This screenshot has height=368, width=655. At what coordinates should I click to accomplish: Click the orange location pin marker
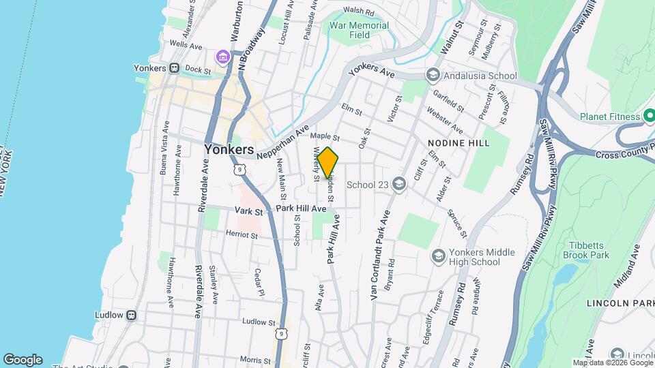click(328, 162)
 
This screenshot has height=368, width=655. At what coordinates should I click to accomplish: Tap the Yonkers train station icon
click(175, 68)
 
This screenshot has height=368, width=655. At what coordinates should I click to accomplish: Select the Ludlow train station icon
click(132, 316)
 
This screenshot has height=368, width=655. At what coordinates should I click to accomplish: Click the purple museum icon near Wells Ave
click(222, 56)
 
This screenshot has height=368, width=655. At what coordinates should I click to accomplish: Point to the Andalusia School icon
click(432, 75)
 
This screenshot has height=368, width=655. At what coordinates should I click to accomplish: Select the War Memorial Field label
click(359, 30)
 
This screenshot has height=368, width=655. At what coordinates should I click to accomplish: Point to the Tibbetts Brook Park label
click(585, 250)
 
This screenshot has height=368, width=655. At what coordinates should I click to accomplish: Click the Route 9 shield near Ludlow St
click(281, 333)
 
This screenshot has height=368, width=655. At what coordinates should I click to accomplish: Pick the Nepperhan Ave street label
click(283, 142)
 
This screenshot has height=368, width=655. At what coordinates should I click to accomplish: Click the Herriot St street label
click(243, 235)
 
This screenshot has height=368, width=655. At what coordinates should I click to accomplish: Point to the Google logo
click(23, 359)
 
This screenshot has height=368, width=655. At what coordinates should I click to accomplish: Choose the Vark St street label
click(249, 212)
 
